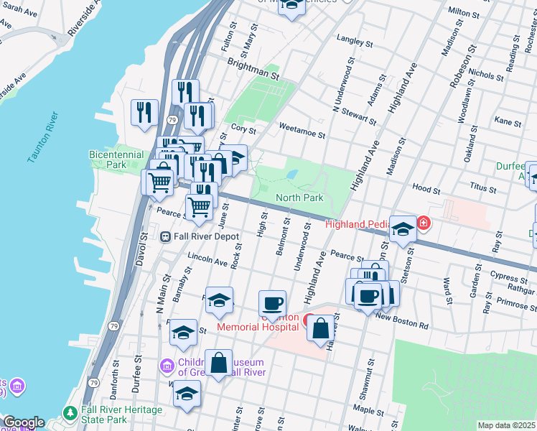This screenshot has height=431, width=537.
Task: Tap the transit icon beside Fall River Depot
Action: tap(165, 236)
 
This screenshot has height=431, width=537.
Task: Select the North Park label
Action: tap(299, 198)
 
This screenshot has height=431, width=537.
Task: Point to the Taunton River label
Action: tap(44, 137)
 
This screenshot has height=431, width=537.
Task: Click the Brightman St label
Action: tap(253, 70)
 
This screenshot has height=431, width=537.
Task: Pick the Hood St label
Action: tap(426, 188)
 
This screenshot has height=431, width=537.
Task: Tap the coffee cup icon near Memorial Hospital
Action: tap(272, 302)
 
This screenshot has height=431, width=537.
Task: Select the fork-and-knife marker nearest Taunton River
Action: tap(144, 112)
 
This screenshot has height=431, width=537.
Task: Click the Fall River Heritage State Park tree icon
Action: tap(70, 413)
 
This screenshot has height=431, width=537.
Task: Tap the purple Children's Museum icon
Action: tap(167, 367)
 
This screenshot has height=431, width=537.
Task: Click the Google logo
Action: tap(23, 422)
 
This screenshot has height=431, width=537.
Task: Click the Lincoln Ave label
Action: tap(207, 256)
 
